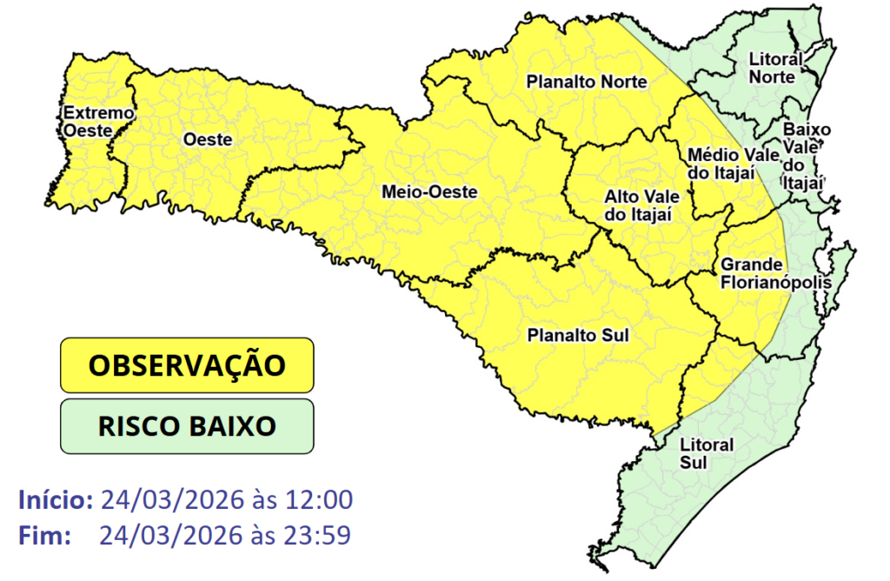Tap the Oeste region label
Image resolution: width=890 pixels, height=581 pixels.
point(207,139)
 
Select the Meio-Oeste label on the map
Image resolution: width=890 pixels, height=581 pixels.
point(429,192)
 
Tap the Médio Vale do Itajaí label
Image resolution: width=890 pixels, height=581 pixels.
point(720,164)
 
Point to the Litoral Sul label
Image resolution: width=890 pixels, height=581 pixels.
point(707,453)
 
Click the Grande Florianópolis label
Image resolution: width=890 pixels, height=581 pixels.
point(764,273)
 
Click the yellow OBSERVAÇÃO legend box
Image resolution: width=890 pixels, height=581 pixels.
point(186,364)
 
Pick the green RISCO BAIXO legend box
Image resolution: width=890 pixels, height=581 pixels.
point(186,426)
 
